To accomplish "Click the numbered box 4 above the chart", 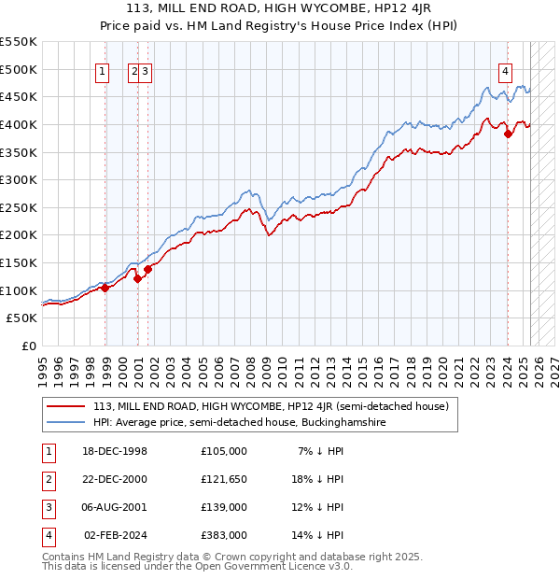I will [x=505, y=70].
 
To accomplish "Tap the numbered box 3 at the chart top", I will [x=147, y=70].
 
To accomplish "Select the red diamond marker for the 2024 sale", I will [x=509, y=134].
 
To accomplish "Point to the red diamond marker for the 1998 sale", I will [x=105, y=288].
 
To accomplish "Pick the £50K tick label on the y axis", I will [x=21, y=318].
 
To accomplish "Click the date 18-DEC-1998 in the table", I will [x=114, y=450].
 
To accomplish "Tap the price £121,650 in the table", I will [x=224, y=479].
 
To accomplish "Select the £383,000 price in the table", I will [x=224, y=535].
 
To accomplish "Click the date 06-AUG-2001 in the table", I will [x=115, y=507].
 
